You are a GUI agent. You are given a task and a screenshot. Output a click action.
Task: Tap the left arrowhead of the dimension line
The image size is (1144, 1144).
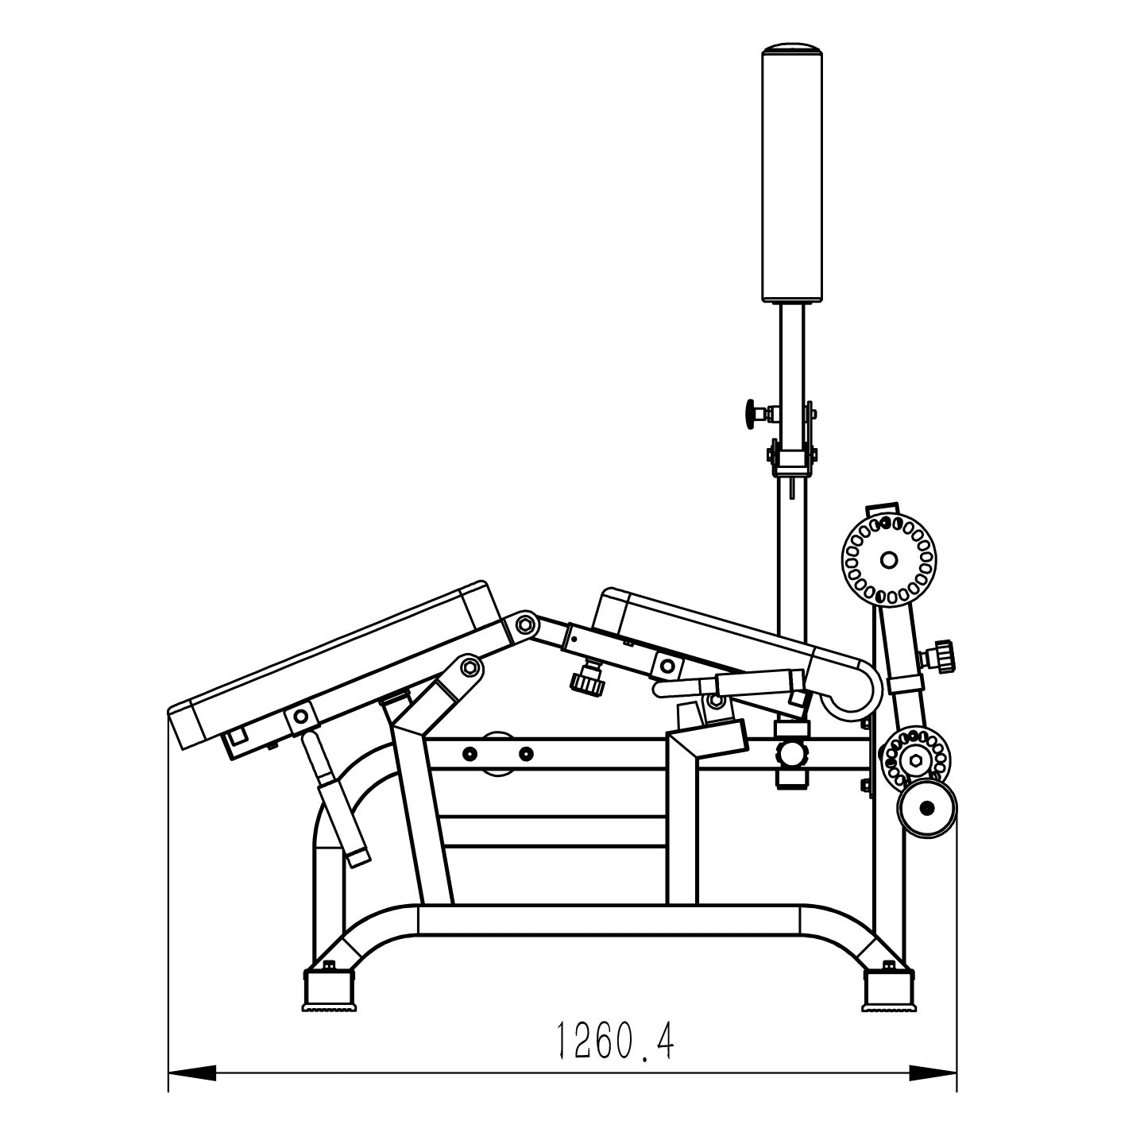point(191,1089)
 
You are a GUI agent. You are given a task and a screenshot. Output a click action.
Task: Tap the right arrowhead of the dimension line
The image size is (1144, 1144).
point(933,1089)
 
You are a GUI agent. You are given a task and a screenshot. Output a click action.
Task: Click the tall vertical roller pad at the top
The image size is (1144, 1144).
point(792,172)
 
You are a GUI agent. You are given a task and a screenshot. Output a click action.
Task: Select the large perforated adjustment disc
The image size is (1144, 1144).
point(888,559)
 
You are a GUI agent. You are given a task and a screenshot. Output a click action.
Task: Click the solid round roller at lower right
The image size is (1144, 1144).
point(926,808)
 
